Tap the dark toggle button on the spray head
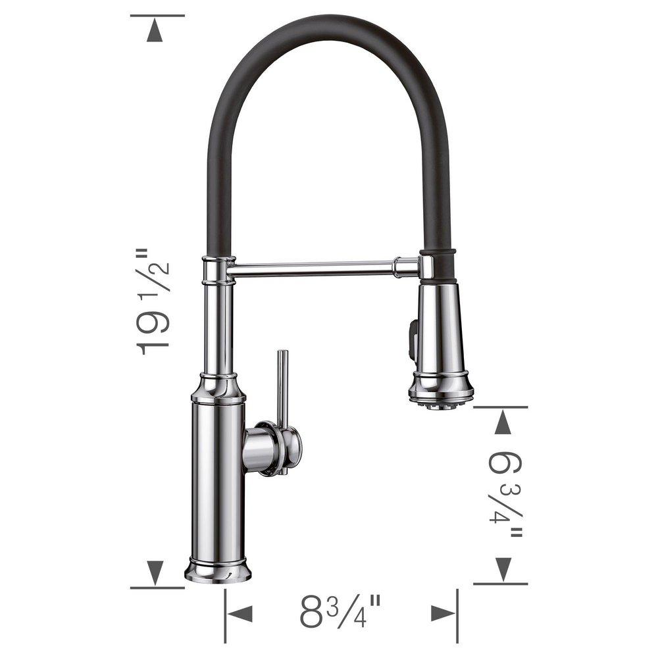tap(413, 336)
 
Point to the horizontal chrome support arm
tap(313, 267)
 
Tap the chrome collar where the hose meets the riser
tap(218, 270)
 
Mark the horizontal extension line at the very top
tap(157, 15)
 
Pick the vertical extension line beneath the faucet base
tap(225, 615)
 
